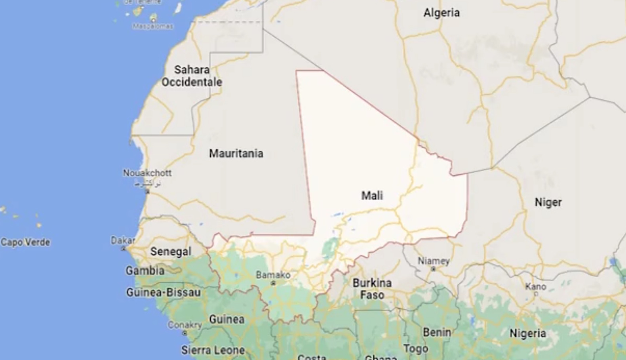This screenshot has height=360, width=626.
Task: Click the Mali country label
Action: click(x=372, y=195)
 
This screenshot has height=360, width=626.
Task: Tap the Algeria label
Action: click(x=441, y=13)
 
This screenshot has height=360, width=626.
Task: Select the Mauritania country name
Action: click(x=236, y=153)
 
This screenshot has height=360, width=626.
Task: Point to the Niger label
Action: click(x=548, y=202)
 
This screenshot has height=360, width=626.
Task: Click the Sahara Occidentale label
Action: click(x=192, y=76)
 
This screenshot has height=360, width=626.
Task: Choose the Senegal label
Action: click(x=171, y=251)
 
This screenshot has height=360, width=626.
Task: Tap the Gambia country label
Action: click(x=145, y=270)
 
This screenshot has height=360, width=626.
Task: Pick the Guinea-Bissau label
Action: click(x=163, y=292)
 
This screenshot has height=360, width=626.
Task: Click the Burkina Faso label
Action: click(x=372, y=289)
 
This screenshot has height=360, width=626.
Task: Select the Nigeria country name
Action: click(x=527, y=333)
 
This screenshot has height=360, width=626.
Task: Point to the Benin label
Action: click(x=437, y=332)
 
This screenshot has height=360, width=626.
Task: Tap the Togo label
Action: click(x=416, y=349)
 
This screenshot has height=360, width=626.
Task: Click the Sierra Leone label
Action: click(x=213, y=350)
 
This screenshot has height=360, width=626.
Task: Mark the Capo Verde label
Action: click(x=25, y=242)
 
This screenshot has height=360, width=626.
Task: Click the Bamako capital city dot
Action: click(x=273, y=283)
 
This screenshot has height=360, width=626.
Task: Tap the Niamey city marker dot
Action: click(x=433, y=269)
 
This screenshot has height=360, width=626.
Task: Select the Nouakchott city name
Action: click(x=147, y=173)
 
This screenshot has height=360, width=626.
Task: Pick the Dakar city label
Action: click(x=123, y=240)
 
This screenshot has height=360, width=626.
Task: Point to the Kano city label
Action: click(x=535, y=286)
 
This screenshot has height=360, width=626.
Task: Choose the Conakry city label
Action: click(x=185, y=325)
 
